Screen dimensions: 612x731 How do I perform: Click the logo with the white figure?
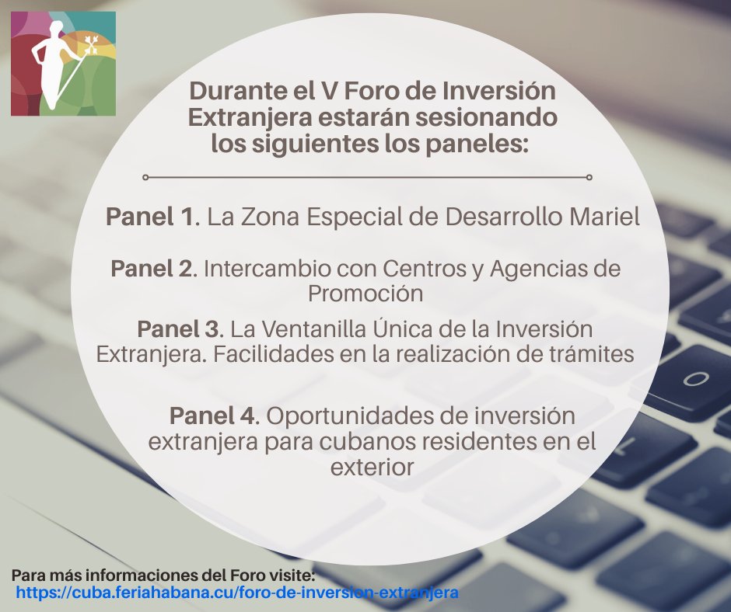(x=63, y=64)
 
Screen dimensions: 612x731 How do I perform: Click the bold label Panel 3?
(x=178, y=329)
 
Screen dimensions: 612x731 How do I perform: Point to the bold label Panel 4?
(x=212, y=416)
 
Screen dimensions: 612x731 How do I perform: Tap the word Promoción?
(x=365, y=294)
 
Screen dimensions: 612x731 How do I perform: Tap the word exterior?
(x=369, y=468)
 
